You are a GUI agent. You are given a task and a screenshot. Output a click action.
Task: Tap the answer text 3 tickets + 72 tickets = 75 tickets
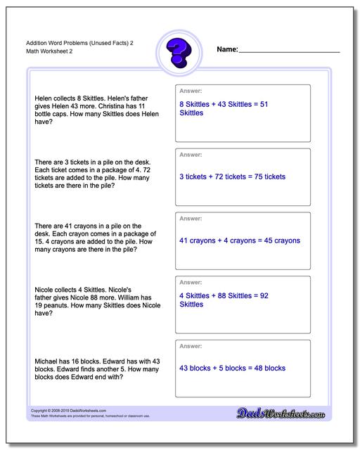232,176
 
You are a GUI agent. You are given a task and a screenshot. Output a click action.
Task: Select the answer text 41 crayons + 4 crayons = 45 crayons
240,240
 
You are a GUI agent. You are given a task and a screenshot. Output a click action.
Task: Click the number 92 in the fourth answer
264,295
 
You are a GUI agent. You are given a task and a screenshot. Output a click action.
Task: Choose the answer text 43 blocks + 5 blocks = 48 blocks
232,368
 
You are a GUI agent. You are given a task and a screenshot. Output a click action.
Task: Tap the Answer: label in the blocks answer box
191,347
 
